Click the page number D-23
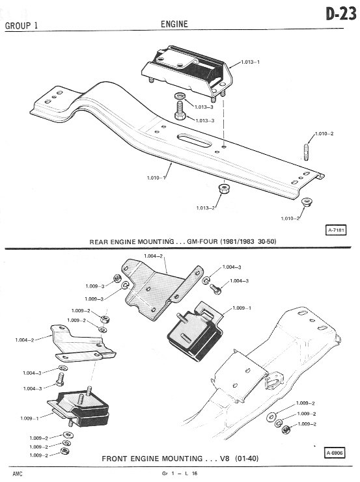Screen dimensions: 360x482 (x=341, y=14)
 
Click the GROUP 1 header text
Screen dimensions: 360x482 (x=21, y=25)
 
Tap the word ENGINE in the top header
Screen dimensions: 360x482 (x=174, y=24)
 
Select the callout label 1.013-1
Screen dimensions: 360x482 (x=250, y=62)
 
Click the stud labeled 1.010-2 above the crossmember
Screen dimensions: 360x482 (x=307, y=152)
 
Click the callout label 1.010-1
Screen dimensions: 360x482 (x=156, y=178)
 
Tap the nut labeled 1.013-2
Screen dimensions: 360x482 (x=225, y=188)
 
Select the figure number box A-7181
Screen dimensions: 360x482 (x=336, y=230)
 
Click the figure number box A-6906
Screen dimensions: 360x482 (x=335, y=453)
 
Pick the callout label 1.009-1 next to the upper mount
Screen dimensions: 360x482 (x=242, y=308)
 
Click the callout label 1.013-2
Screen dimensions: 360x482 (x=206, y=208)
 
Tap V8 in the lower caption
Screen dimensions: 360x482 (x=225, y=459)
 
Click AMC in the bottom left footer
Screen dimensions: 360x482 (x=18, y=474)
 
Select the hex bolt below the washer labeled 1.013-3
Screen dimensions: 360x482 (x=180, y=111)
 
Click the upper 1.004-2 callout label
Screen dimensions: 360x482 (x=153, y=256)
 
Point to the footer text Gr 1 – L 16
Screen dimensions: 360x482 (x=180, y=474)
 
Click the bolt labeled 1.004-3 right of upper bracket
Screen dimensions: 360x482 (x=215, y=289)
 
